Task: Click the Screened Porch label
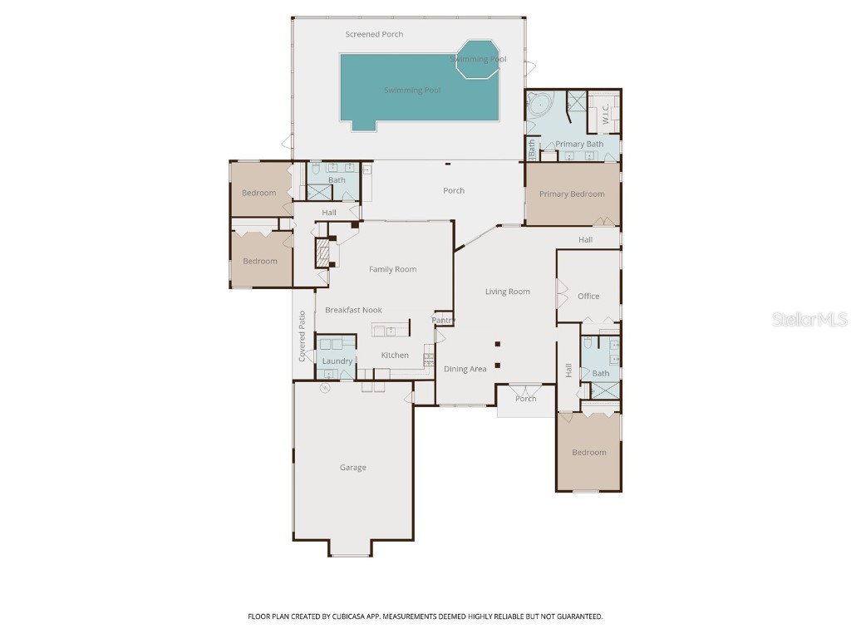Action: [x=374, y=34]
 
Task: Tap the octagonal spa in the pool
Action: [x=478, y=60]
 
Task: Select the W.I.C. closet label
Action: [x=606, y=112]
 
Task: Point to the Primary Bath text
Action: [x=579, y=145]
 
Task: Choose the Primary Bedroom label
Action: [x=572, y=194]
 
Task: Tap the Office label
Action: [x=588, y=297]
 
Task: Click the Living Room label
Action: [x=507, y=292]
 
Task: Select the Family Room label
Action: [x=392, y=269]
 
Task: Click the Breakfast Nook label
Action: [x=353, y=310]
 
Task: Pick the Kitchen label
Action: [x=395, y=356]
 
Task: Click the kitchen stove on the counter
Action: [x=429, y=360]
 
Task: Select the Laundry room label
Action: [x=337, y=361]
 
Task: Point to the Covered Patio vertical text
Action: [x=303, y=336]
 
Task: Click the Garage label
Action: [x=352, y=468]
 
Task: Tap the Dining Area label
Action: [x=465, y=369]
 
